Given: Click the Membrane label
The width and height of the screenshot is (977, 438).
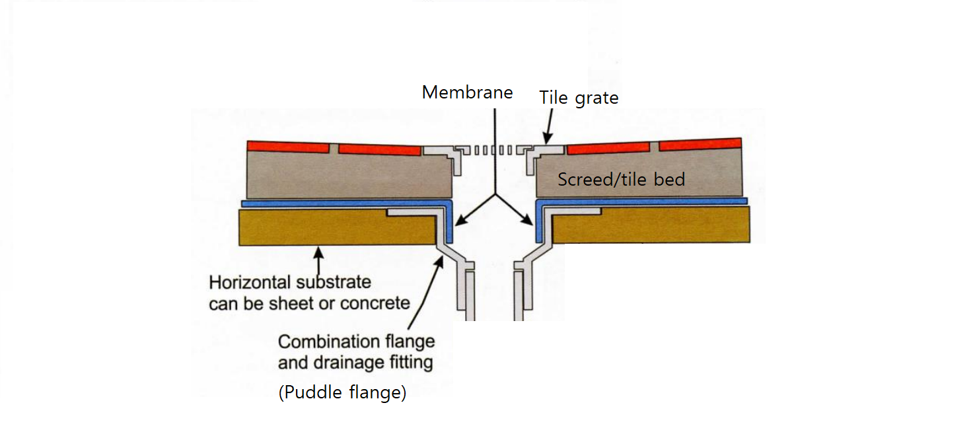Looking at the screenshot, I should click(467, 92).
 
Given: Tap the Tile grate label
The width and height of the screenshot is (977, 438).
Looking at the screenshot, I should click(579, 98).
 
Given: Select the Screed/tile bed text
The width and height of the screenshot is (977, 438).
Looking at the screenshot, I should click(621, 179).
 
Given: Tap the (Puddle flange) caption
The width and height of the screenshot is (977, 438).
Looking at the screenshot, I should click(342, 392).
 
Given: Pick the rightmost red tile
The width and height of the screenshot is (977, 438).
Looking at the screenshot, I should click(700, 144).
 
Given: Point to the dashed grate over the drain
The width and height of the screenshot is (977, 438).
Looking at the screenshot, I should click(492, 150).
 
